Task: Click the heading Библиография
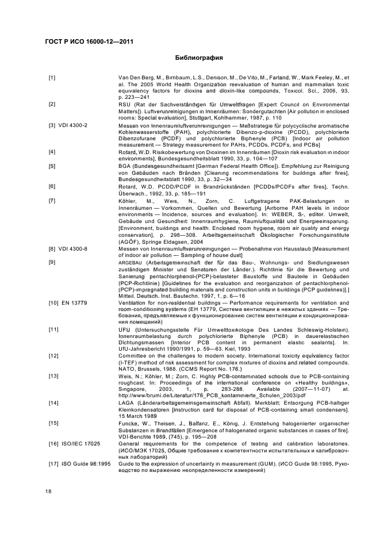point(198,58)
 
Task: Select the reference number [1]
point(52,77)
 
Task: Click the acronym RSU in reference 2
point(124,104)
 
